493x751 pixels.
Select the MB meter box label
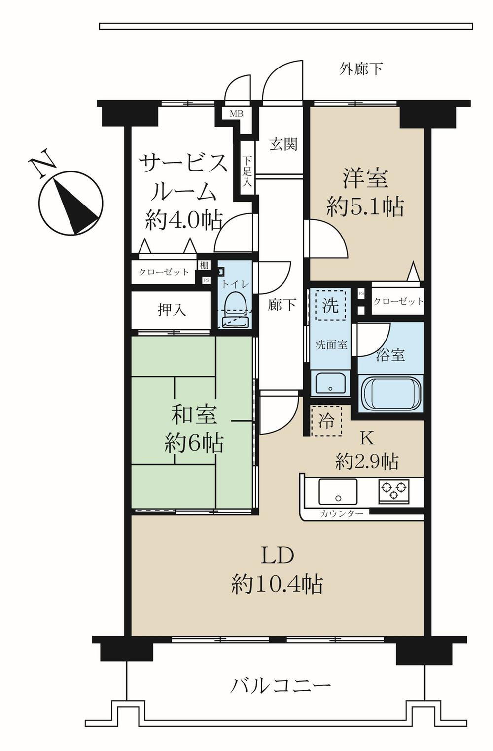[236, 113]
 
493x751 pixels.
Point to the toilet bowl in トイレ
[235, 310]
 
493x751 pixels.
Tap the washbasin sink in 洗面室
[330, 383]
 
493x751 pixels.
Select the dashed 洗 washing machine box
[330, 306]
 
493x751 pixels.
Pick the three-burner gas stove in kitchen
[393, 491]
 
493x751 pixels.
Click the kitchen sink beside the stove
[338, 491]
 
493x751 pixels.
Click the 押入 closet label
[172, 310]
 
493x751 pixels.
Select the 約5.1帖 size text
[365, 207]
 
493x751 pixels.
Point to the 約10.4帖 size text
[277, 584]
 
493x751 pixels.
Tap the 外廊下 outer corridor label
[361, 68]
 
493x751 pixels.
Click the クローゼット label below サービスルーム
[164, 272]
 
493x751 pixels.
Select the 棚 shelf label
[204, 265]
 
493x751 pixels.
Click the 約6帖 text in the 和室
[194, 443]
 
